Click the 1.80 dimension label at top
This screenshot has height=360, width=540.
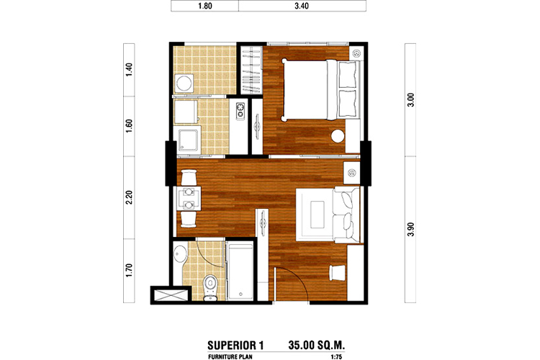click(x=205, y=6)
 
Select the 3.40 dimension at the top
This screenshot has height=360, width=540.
click(x=302, y=6)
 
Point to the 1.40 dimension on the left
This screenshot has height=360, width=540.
click(x=129, y=70)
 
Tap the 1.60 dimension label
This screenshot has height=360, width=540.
click(x=129, y=126)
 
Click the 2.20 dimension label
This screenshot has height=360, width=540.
click(x=129, y=198)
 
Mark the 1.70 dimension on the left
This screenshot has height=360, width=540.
click(x=129, y=271)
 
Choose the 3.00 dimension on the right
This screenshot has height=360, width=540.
click(x=410, y=100)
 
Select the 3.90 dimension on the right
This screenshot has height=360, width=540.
click(x=410, y=230)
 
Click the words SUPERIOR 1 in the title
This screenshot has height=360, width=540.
click(x=235, y=345)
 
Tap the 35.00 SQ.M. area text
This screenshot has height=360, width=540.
click(x=317, y=345)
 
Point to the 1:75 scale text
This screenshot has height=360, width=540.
click(x=336, y=357)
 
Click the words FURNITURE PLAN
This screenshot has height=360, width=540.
click(x=230, y=357)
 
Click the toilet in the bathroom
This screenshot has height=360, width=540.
click(x=210, y=287)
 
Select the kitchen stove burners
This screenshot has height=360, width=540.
click(x=240, y=110)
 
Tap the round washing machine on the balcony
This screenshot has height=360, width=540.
click(x=184, y=83)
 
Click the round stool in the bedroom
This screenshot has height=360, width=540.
click(x=338, y=136)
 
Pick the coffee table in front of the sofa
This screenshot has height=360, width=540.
click(x=318, y=215)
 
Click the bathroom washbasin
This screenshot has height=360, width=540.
click(x=179, y=256)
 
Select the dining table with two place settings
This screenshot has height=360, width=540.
click(x=189, y=199)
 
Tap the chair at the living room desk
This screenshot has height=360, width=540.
click(x=337, y=272)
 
